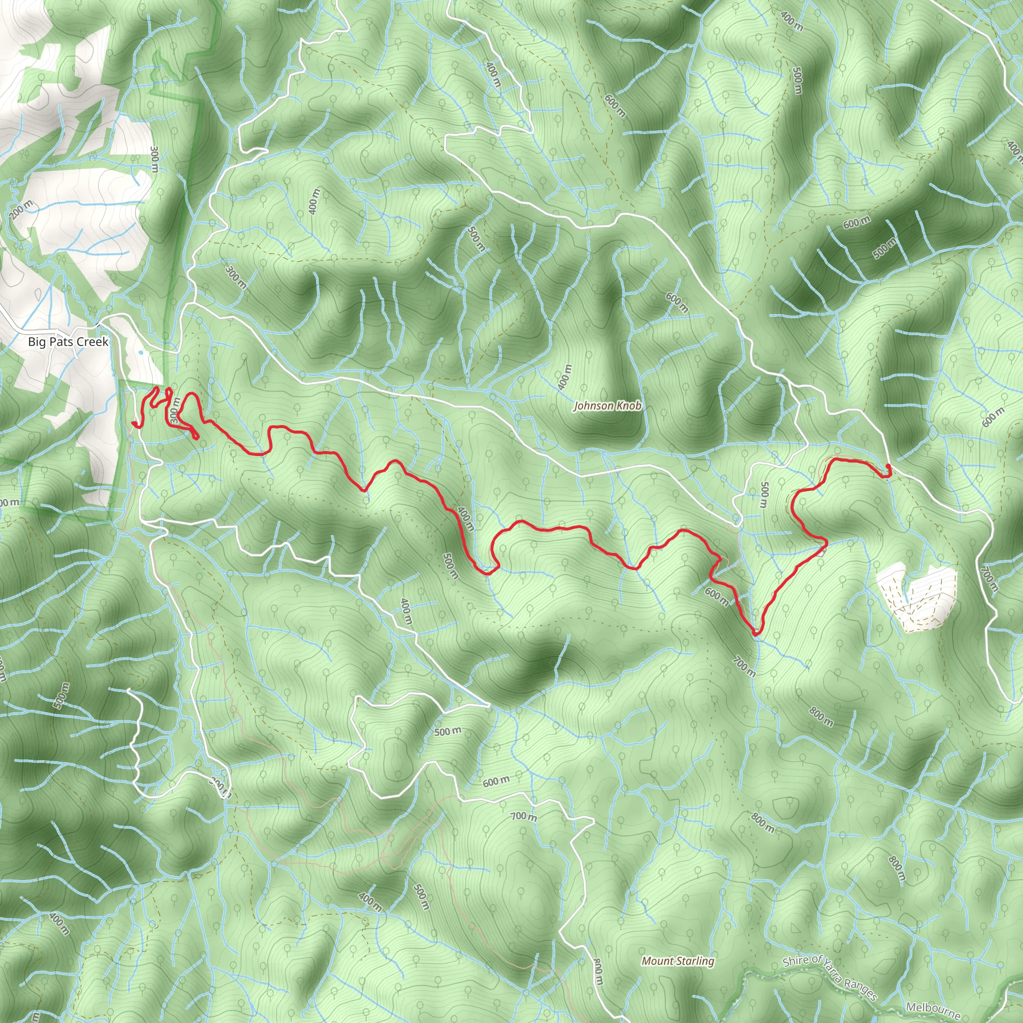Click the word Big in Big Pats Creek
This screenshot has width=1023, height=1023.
pyautogui.click(x=36, y=342)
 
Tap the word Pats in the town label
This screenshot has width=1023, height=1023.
pyautogui.click(x=60, y=342)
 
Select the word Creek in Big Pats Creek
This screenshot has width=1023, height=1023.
pyautogui.click(x=91, y=342)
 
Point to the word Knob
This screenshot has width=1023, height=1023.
pyautogui.click(x=629, y=406)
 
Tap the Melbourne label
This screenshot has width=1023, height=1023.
pyautogui.click(x=932, y=1011)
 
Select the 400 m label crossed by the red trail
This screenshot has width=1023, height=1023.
pyautogui.click(x=466, y=519)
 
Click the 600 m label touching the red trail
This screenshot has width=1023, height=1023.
pyautogui.click(x=716, y=595)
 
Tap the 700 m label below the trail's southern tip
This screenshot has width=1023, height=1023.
pyautogui.click(x=744, y=667)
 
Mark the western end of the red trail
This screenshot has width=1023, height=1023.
pyautogui.click(x=132, y=423)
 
